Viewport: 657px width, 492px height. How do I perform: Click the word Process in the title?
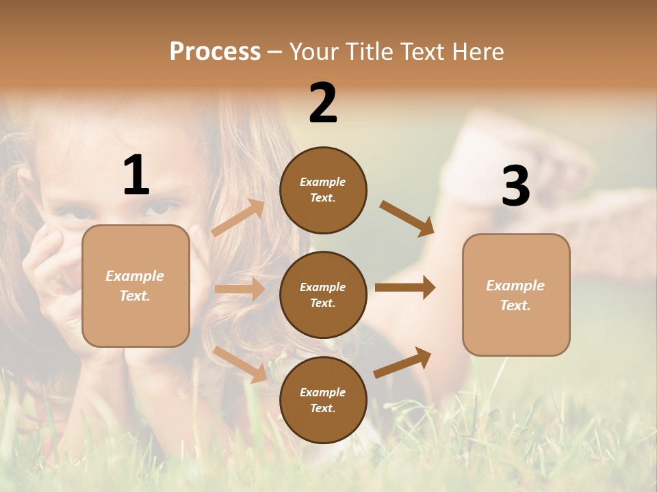click(215, 52)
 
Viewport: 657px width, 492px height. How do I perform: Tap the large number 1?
click(136, 176)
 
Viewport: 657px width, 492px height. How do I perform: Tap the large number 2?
click(323, 104)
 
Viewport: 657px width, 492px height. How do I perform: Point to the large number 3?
click(515, 187)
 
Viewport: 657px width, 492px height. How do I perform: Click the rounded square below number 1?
click(136, 286)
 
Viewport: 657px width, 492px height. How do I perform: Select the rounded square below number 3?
click(516, 295)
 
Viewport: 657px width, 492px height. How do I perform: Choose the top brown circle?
click(323, 190)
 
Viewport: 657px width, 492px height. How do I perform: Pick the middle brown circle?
click(323, 295)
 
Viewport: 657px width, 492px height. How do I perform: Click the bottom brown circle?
click(323, 400)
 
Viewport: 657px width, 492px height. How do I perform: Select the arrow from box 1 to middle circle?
click(240, 289)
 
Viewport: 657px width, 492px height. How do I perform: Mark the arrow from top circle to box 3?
click(407, 218)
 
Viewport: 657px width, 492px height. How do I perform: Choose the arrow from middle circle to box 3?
click(405, 287)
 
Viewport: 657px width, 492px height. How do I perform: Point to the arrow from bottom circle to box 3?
click(402, 362)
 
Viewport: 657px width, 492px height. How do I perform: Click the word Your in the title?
click(315, 52)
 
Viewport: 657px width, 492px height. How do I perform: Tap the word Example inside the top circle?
click(323, 182)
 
